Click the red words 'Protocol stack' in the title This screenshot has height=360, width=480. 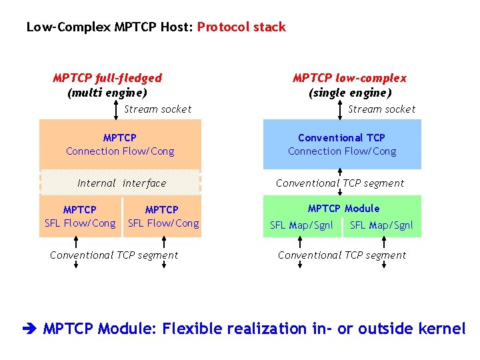point(241,27)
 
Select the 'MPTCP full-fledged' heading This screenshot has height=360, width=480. point(107,78)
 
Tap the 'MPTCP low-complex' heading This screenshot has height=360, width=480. point(349,78)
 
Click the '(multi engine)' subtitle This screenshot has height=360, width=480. point(107,93)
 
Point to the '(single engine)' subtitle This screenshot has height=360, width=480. point(349,93)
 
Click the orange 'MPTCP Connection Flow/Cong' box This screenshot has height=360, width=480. point(120,144)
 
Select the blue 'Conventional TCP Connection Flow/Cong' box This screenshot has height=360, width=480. point(342,144)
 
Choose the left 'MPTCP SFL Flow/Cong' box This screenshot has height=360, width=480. point(80,217)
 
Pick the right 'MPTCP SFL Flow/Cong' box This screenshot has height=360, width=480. point(163,217)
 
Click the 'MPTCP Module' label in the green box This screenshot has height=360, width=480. point(343,209)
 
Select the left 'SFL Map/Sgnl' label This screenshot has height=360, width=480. point(301,225)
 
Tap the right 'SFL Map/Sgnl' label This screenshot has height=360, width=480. point(381,225)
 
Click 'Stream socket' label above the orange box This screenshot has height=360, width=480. point(157,109)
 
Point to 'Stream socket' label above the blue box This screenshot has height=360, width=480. point(381,109)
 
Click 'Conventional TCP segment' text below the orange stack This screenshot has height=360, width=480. point(114,255)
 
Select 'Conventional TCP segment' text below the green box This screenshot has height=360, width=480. point(341,255)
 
